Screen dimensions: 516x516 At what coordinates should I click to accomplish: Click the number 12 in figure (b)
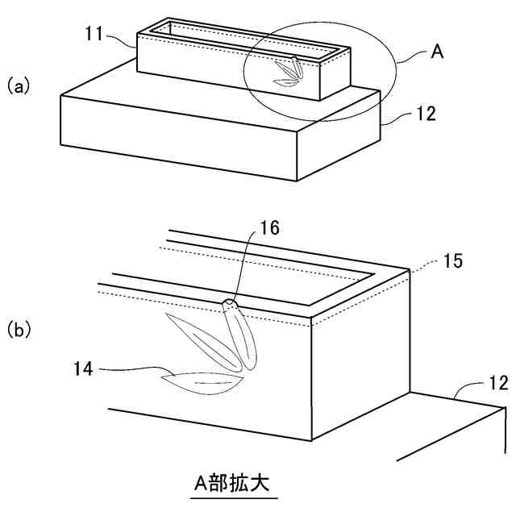tap(499, 381)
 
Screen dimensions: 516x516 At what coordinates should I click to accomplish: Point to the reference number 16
tap(271, 229)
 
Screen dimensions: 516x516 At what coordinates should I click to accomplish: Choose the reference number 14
tap(83, 369)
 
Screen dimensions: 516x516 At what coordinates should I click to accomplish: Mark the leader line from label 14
tap(129, 371)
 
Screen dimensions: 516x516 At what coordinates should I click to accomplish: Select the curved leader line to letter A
tap(411, 60)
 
